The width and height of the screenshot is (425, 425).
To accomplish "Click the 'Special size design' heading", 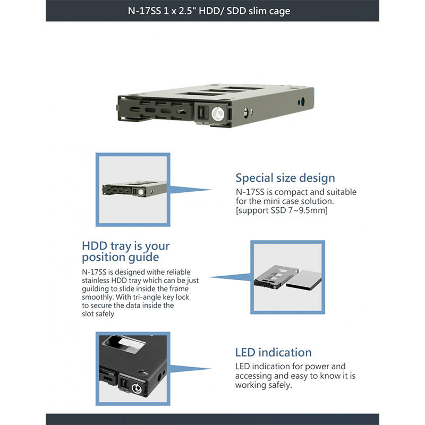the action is click(x=285, y=178).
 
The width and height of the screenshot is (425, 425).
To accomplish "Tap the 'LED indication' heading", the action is click(x=273, y=352).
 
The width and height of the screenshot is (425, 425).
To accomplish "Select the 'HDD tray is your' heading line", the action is click(x=126, y=246).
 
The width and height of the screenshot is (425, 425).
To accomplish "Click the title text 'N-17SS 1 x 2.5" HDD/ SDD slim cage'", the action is click(x=209, y=11).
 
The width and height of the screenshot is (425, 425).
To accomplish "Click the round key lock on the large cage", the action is click(x=218, y=113).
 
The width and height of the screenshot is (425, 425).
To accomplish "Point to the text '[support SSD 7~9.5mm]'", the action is click(x=282, y=210).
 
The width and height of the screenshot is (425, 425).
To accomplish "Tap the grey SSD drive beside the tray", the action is click(x=304, y=281).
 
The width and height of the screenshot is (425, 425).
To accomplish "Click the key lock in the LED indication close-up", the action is click(x=137, y=389).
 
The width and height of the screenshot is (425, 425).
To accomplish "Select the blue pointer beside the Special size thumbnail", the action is click(x=190, y=190).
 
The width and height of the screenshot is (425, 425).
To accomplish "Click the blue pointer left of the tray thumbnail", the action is click(x=231, y=277).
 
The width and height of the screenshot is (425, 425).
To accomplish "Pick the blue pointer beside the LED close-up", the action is click(x=190, y=369).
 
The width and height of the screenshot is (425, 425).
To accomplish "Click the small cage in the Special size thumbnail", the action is click(x=134, y=189).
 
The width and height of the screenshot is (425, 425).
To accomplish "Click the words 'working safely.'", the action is click(x=263, y=385).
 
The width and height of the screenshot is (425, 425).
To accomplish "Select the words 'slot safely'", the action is click(x=98, y=314).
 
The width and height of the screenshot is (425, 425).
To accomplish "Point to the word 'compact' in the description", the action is click(x=291, y=192).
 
